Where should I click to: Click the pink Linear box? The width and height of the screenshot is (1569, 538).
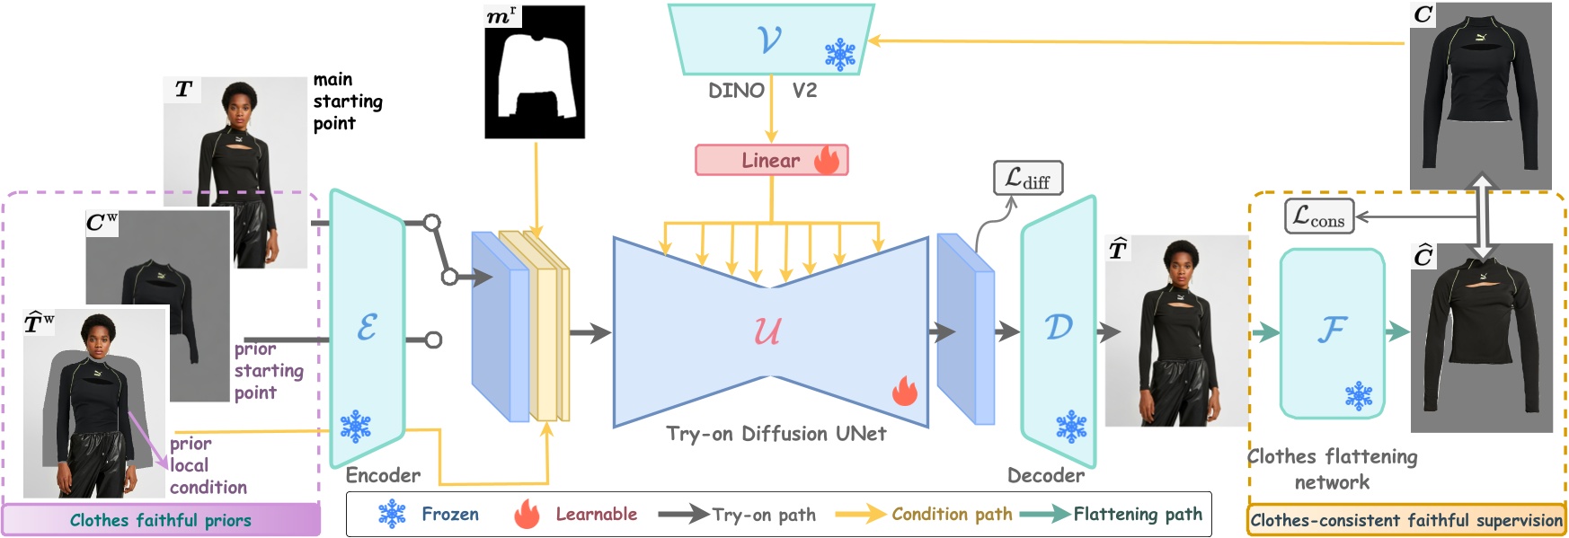pyautogui.click(x=771, y=160)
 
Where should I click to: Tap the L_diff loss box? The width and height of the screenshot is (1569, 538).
pyautogui.click(x=1028, y=178)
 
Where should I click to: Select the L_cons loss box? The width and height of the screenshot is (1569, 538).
pyautogui.click(x=1318, y=216)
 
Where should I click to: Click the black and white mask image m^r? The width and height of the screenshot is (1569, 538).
pyautogui.click(x=535, y=72)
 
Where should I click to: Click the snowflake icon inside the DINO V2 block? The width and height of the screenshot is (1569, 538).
pyautogui.click(x=840, y=55)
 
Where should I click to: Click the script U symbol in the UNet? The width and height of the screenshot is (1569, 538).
pyautogui.click(x=767, y=331)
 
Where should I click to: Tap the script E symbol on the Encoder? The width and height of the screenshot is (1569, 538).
pyautogui.click(x=367, y=327)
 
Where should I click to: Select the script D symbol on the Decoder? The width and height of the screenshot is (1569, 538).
pyautogui.click(x=1059, y=327)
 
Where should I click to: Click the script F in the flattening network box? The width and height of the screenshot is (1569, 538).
pyautogui.click(x=1332, y=330)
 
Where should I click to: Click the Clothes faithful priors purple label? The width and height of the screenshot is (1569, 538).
pyautogui.click(x=161, y=520)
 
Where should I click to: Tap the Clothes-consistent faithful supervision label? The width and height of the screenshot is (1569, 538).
pyautogui.click(x=1406, y=520)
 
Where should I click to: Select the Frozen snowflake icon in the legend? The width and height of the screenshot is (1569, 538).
pyautogui.click(x=392, y=515)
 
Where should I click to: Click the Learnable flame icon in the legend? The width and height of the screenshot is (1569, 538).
pyautogui.click(x=527, y=515)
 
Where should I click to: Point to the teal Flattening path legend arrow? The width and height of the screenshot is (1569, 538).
pyautogui.click(x=1045, y=514)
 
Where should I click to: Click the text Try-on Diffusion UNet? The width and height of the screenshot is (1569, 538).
pyautogui.click(x=776, y=434)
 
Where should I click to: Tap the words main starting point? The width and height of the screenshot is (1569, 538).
pyautogui.click(x=347, y=101)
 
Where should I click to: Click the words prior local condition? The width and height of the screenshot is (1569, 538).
pyautogui.click(x=208, y=465)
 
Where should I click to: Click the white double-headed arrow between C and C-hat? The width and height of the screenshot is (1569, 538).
pyautogui.click(x=1482, y=216)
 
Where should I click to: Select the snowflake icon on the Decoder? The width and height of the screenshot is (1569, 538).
pyautogui.click(x=1070, y=427)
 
